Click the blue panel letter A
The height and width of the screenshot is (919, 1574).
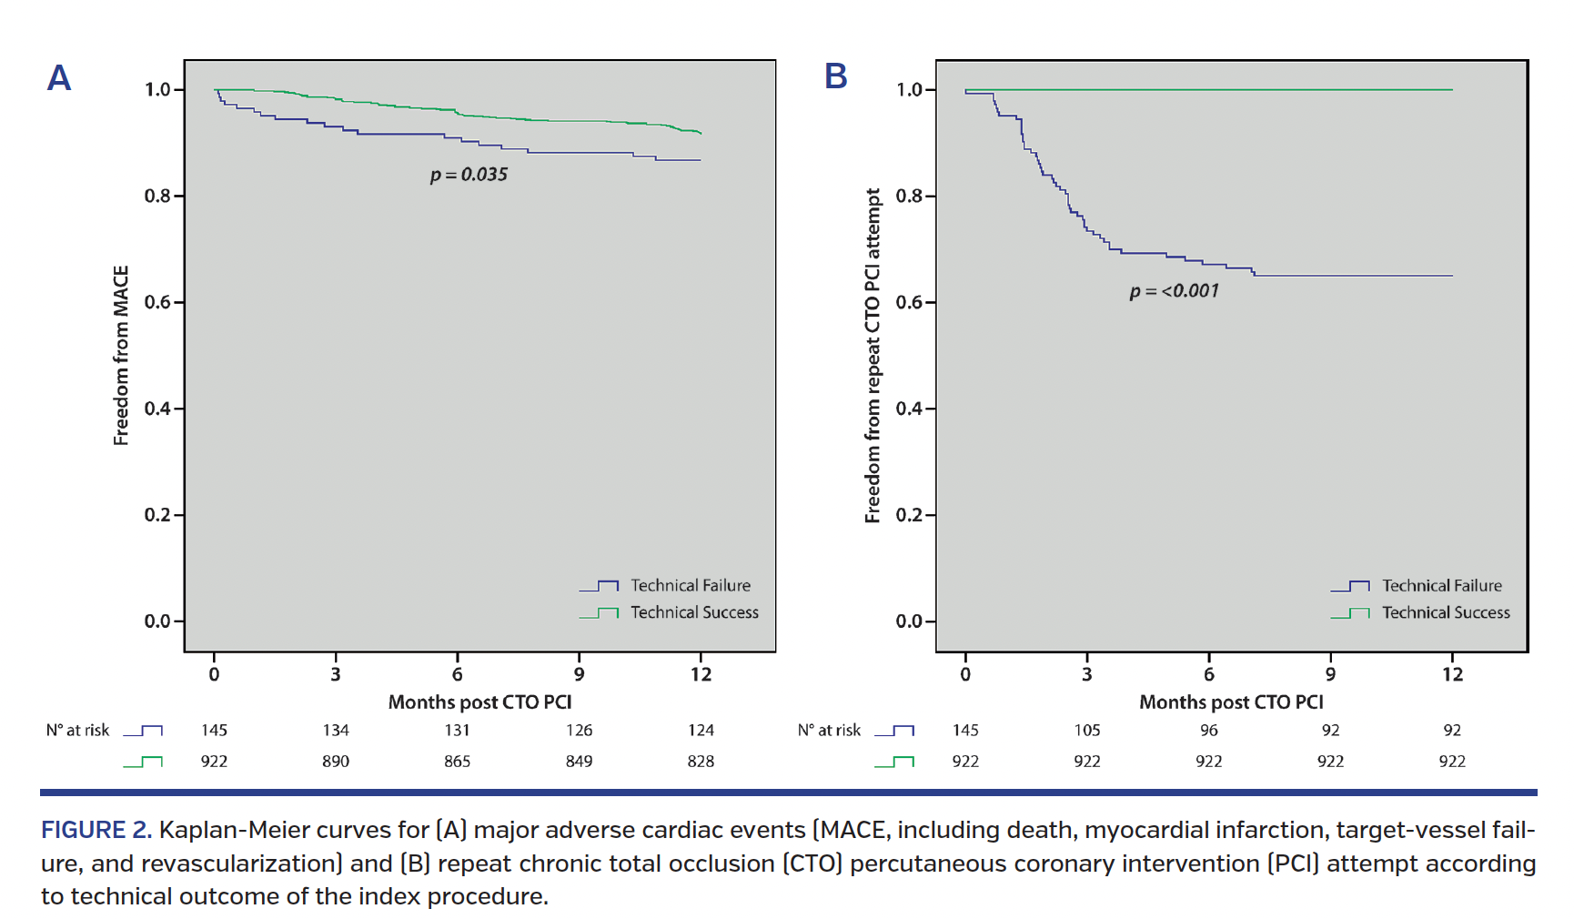(x=59, y=78)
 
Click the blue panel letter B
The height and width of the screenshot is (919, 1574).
(x=835, y=76)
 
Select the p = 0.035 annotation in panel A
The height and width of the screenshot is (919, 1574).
(x=469, y=175)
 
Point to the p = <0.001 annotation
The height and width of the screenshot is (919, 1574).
(x=1174, y=291)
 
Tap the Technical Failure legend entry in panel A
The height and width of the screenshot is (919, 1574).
(x=690, y=586)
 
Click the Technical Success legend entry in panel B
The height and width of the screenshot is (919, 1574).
(x=1445, y=613)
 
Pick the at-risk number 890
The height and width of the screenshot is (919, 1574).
(x=336, y=762)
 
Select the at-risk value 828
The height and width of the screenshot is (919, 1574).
(x=701, y=762)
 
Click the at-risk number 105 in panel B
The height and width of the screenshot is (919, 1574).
(x=1086, y=731)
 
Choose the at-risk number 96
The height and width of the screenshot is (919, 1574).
(x=1208, y=731)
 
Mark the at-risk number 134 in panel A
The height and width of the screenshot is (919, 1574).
(x=336, y=731)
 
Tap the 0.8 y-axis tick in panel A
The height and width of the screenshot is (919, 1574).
(x=157, y=197)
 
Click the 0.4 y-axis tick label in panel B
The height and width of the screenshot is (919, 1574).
(x=909, y=409)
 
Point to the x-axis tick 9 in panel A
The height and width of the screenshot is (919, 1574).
(x=579, y=674)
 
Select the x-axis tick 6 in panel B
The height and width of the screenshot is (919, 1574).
(x=1208, y=674)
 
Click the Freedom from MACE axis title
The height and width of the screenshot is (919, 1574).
(x=121, y=356)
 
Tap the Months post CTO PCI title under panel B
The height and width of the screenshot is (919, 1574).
(x=1231, y=702)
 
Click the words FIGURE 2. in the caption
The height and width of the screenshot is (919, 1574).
(x=96, y=830)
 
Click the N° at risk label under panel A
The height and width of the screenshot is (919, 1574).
(x=77, y=731)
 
